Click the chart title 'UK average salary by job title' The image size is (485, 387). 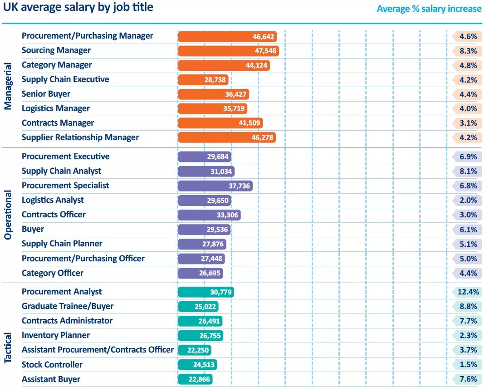click(x=78, y=7)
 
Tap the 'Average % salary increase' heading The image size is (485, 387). click(x=429, y=9)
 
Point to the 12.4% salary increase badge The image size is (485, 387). click(x=467, y=292)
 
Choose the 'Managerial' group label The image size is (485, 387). click(x=8, y=86)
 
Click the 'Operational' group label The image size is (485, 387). click(x=8, y=215)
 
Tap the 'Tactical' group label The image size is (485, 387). click(x=8, y=348)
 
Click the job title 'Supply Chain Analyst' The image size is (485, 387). click(x=61, y=171)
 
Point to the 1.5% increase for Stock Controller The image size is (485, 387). click(x=467, y=365)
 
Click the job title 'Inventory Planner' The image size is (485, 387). click(x=56, y=335)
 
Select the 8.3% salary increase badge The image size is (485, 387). click(x=467, y=51)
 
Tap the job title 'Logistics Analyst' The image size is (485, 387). click(x=53, y=200)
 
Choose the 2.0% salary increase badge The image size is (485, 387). click(x=467, y=200)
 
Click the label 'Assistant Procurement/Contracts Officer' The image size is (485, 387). click(x=98, y=350)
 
